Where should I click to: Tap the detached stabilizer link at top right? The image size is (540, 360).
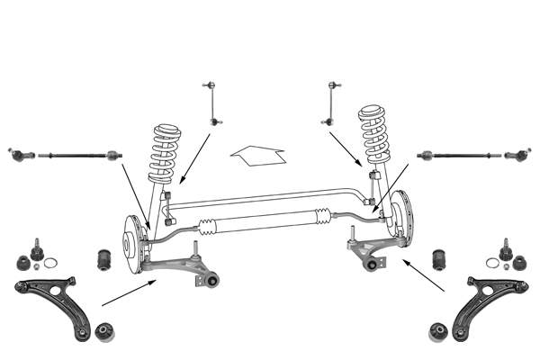333,101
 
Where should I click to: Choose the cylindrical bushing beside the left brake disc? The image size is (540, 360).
103,259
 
